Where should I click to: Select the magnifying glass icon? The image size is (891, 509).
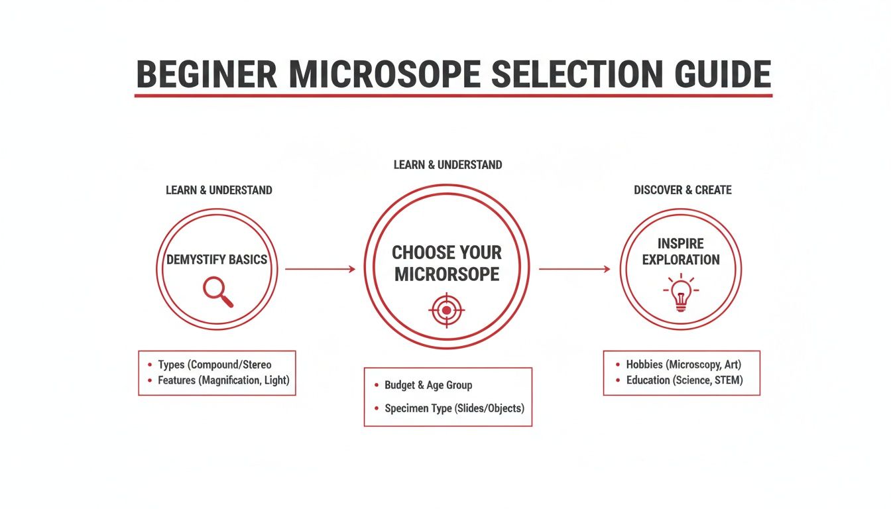point(218,292)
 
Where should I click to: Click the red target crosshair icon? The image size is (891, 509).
point(447,310)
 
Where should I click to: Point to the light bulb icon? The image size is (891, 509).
point(681,294)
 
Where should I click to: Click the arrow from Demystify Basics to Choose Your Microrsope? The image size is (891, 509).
point(320,269)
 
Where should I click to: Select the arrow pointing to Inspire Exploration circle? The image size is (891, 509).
point(574,269)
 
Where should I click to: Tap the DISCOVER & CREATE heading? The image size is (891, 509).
point(683,190)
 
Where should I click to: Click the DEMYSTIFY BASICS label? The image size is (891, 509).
point(217,259)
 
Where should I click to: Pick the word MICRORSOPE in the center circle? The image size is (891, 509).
point(447,274)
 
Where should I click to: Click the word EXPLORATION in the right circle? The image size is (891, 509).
point(681,260)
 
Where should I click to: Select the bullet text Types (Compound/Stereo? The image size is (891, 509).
point(215,365)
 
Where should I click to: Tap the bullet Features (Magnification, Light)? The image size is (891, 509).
point(224,380)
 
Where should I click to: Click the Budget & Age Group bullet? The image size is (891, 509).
point(428,385)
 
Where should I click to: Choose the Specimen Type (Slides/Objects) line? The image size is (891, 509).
point(454,408)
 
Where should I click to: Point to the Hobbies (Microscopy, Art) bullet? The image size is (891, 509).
point(683,365)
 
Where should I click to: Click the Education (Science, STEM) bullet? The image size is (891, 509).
point(685,380)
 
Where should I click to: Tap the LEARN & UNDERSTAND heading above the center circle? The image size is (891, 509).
point(447,164)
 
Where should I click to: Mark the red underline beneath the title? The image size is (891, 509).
point(453,96)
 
